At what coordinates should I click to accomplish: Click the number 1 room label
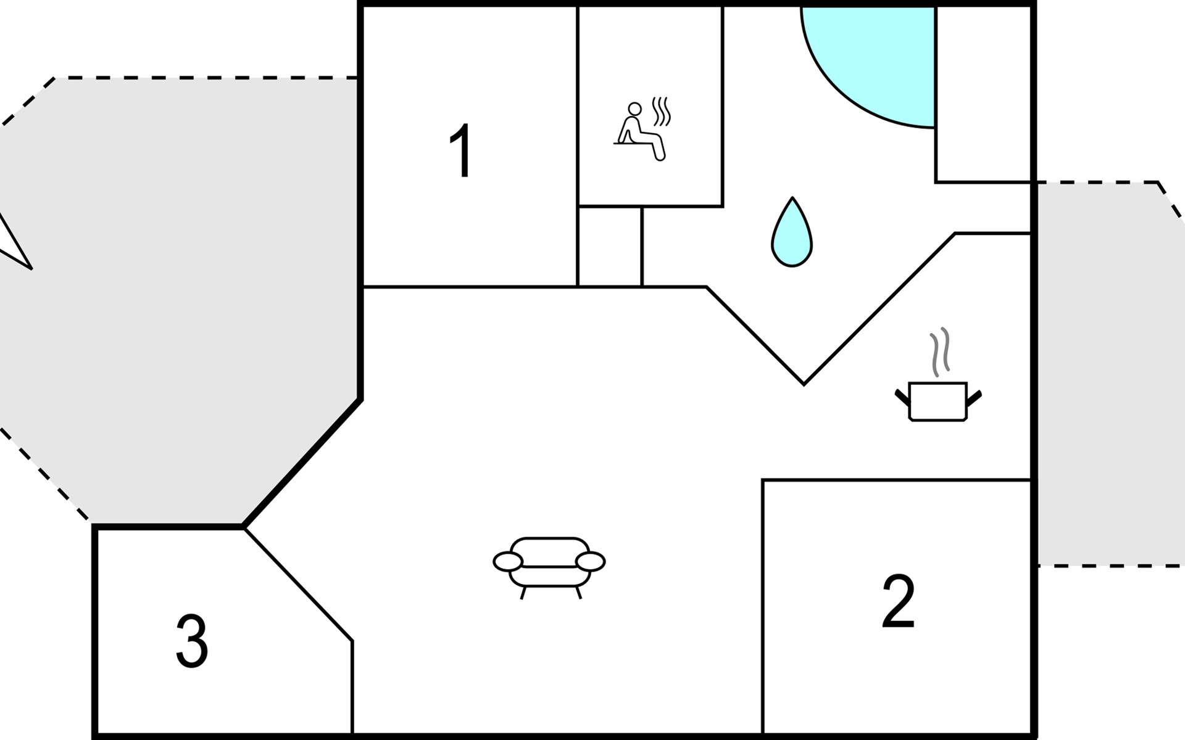(462, 151)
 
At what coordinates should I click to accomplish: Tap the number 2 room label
(898, 601)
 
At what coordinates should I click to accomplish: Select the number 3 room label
(191, 641)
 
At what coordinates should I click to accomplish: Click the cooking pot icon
(938, 401)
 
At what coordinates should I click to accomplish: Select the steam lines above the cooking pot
(940, 351)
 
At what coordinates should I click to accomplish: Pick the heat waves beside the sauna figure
(662, 111)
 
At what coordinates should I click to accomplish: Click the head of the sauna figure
(634, 109)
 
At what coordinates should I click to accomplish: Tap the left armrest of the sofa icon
(508, 562)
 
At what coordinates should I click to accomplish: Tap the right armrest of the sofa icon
(591, 562)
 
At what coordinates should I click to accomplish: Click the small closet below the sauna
(609, 247)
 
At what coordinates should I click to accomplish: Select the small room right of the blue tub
(984, 92)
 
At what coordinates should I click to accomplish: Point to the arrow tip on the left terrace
(30, 268)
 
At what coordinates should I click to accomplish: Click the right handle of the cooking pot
(974, 398)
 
